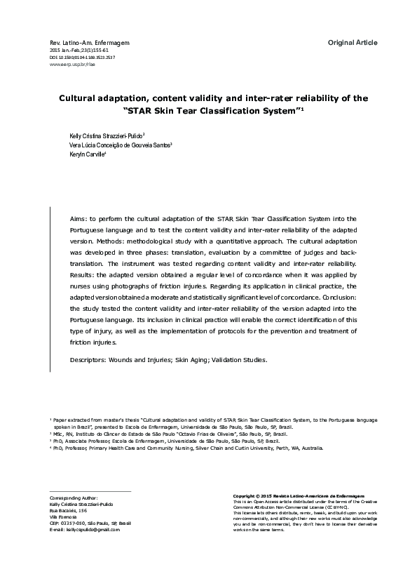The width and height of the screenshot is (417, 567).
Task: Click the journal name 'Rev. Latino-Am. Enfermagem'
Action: tap(80, 44)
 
